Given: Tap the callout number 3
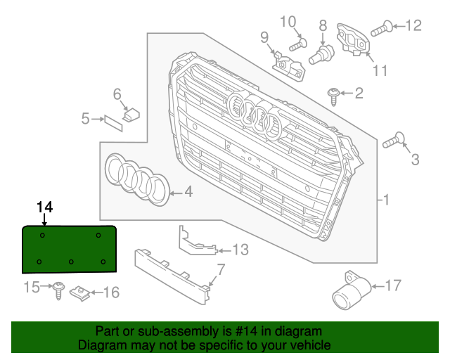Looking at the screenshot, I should pyautogui.click(x=415, y=160).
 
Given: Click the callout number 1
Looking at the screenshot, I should pyautogui.click(x=385, y=200).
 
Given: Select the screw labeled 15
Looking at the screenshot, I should pyautogui.click(x=58, y=289).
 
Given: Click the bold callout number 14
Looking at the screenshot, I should pyautogui.click(x=45, y=206).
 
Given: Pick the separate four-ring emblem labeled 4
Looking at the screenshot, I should pyautogui.click(x=138, y=179).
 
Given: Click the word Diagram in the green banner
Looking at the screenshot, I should pyautogui.click(x=101, y=345).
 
